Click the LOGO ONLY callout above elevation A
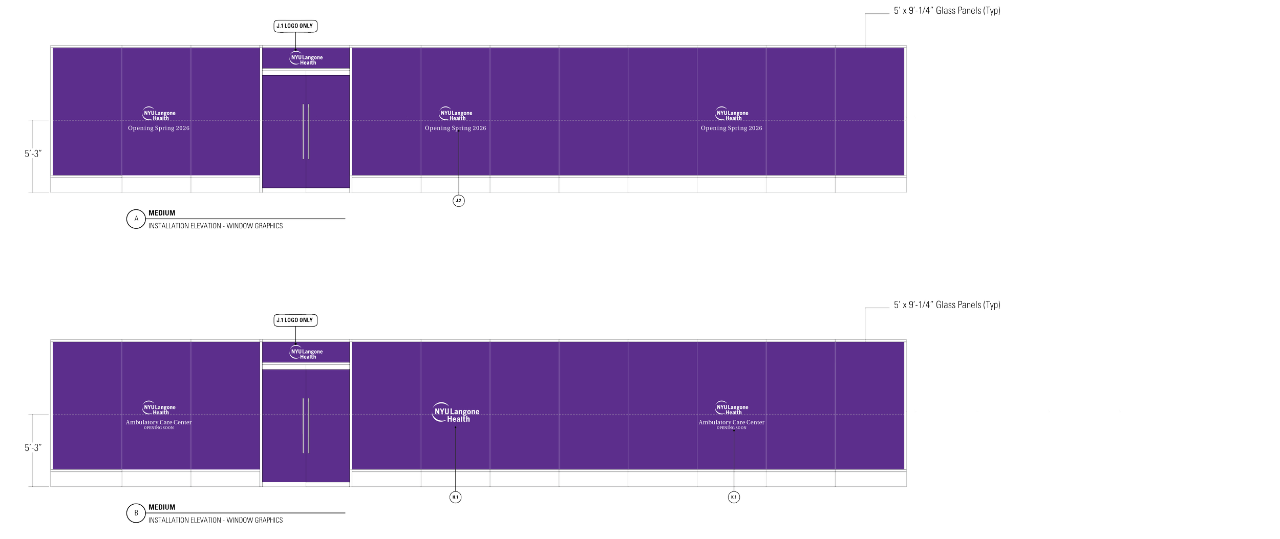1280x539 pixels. click(x=295, y=26)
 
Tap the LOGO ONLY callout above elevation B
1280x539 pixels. click(x=295, y=320)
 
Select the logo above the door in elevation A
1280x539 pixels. click(x=306, y=58)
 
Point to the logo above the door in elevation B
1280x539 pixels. click(x=306, y=352)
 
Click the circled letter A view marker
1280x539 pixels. click(x=136, y=219)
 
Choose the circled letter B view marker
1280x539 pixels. click(x=136, y=513)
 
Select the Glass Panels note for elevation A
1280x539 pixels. click(x=947, y=11)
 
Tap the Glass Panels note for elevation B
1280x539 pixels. click(x=947, y=306)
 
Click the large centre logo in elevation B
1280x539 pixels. click(x=456, y=412)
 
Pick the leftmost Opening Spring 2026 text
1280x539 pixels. click(x=159, y=128)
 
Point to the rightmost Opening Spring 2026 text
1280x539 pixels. click(x=731, y=128)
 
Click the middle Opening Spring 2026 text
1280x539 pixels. click(x=455, y=128)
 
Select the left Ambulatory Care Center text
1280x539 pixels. click(x=159, y=422)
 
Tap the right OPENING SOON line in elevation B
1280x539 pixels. click(x=731, y=428)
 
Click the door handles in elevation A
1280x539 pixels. click(x=306, y=132)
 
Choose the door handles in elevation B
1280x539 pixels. click(x=306, y=425)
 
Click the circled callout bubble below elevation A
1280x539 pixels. click(x=458, y=201)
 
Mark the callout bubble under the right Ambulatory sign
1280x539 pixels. click(x=734, y=497)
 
